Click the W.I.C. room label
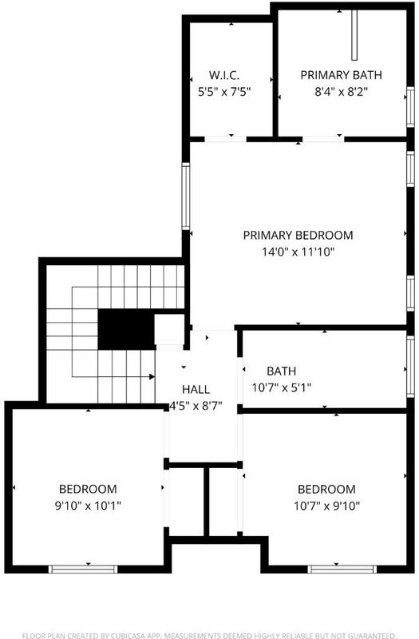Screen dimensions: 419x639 (x=224, y=75)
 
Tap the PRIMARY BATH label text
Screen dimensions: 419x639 (x=342, y=75)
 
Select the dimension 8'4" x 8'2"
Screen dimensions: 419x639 (x=342, y=92)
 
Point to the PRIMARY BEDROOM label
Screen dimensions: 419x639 (x=298, y=235)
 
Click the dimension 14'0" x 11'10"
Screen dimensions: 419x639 (x=298, y=252)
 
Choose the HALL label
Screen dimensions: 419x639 (x=196, y=390)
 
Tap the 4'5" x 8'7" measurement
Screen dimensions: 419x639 (x=196, y=406)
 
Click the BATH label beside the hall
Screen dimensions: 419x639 (x=282, y=371)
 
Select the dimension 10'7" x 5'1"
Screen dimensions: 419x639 (x=282, y=387)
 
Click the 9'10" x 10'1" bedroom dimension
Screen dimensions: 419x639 (x=88, y=506)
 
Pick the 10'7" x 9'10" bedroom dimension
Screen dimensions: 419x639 (x=327, y=506)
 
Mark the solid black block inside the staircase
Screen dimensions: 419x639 (x=126, y=329)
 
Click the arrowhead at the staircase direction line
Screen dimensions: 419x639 (x=152, y=376)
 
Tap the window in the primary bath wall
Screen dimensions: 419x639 (x=410, y=107)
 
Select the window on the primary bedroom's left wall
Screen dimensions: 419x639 (x=186, y=196)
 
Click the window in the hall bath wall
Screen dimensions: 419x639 (x=410, y=367)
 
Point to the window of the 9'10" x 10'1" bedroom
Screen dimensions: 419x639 (x=83, y=569)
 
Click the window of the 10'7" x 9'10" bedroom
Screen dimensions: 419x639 (x=342, y=569)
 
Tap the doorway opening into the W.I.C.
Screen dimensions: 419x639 (x=226, y=139)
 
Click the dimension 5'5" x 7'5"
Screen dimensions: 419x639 (x=224, y=92)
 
